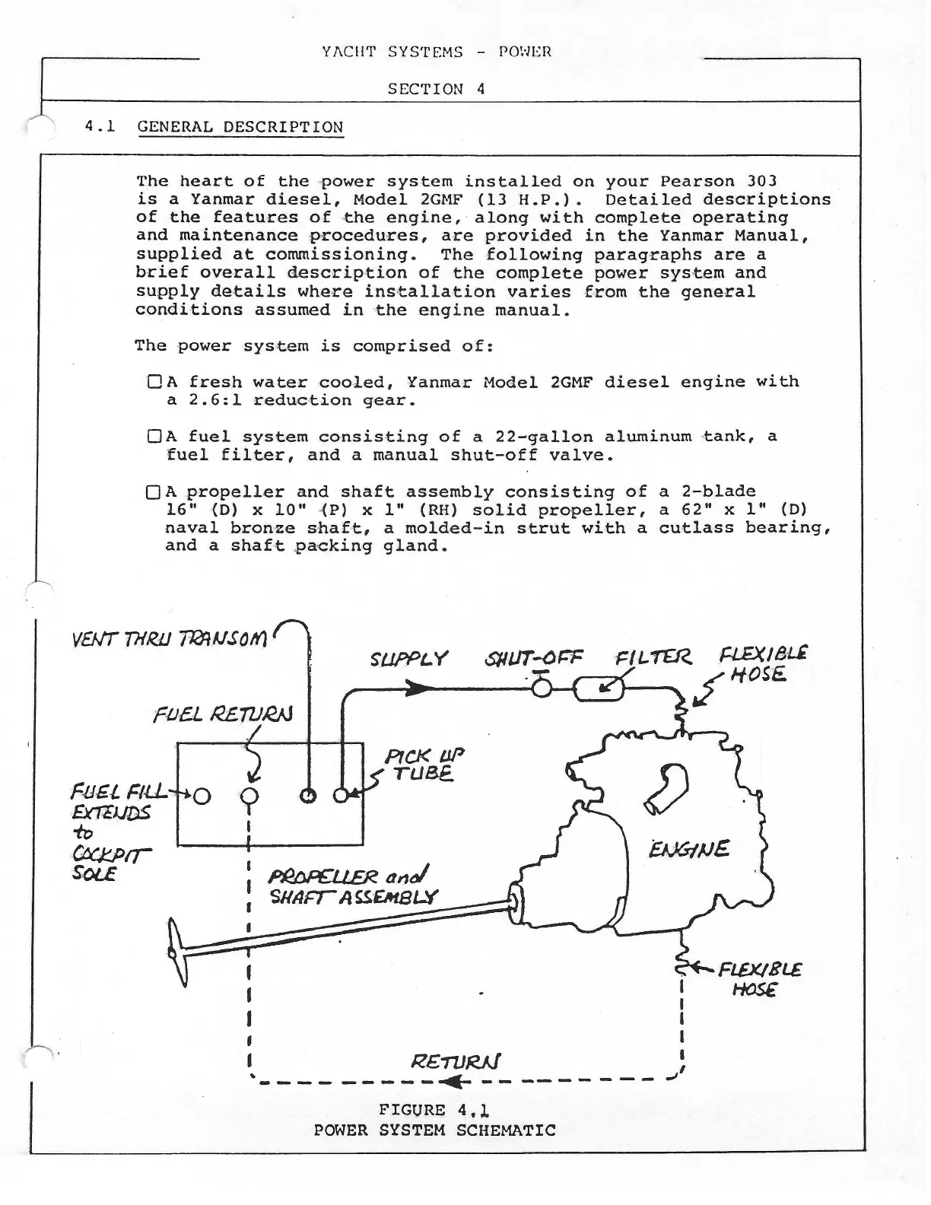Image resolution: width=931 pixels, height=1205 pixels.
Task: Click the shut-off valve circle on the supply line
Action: [542, 688]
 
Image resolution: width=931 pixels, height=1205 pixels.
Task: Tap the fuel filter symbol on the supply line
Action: [598, 689]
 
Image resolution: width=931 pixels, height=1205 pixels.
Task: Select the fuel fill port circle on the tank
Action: [202, 796]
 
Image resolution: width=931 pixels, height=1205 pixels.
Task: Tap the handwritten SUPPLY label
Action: [409, 659]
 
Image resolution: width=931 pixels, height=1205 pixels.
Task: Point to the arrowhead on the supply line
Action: [415, 688]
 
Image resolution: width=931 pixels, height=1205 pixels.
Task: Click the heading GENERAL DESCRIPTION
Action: [240, 127]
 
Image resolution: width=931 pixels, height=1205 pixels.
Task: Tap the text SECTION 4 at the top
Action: [436, 88]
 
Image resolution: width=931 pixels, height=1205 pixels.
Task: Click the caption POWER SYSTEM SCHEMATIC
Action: [434, 1130]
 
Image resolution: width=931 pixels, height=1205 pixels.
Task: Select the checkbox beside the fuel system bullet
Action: [153, 437]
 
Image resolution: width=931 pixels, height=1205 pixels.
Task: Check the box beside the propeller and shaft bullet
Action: [153, 492]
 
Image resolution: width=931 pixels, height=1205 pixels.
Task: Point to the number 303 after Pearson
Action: [761, 181]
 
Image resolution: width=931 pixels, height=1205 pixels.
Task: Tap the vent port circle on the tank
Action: [308, 796]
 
